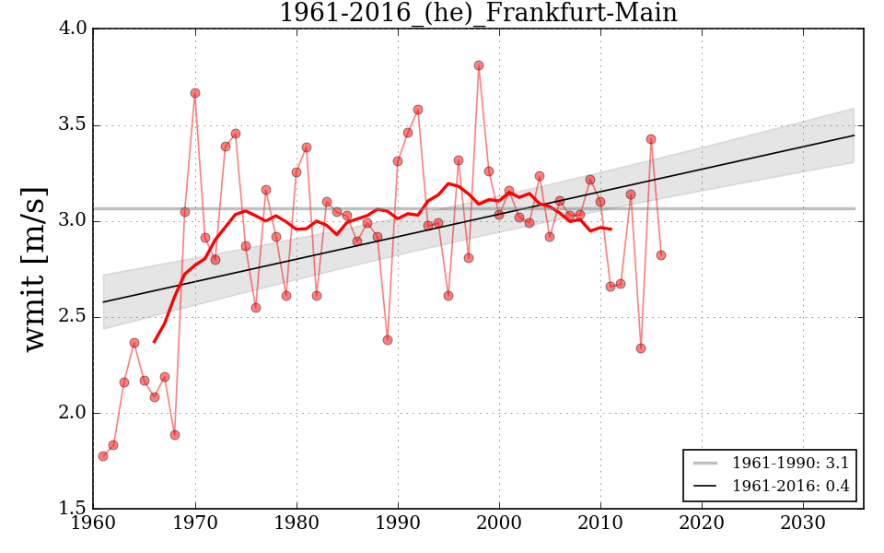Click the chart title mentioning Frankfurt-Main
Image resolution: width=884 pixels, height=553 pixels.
pos(478,13)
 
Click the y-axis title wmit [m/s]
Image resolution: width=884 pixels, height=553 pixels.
pos(34,269)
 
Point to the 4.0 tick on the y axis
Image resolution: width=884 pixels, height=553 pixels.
pos(75,29)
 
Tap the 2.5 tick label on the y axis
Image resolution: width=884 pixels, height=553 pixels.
pos(75,317)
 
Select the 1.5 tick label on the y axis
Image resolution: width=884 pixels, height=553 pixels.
pos(75,509)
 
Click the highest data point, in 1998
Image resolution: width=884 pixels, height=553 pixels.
pos(479,65)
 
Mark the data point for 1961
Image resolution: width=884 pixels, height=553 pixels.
pos(103,456)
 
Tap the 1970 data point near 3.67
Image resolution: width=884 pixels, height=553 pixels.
pos(195,93)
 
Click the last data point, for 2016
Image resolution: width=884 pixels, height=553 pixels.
pos(661,255)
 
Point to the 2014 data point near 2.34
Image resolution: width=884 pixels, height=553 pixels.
pos(641,348)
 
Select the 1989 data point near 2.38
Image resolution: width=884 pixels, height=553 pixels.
pos(388,340)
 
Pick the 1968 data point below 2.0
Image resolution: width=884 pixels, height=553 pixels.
pos(175,435)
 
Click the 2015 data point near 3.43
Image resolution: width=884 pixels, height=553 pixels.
pos(651,139)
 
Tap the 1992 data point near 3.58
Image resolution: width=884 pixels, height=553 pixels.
pos(418,110)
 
